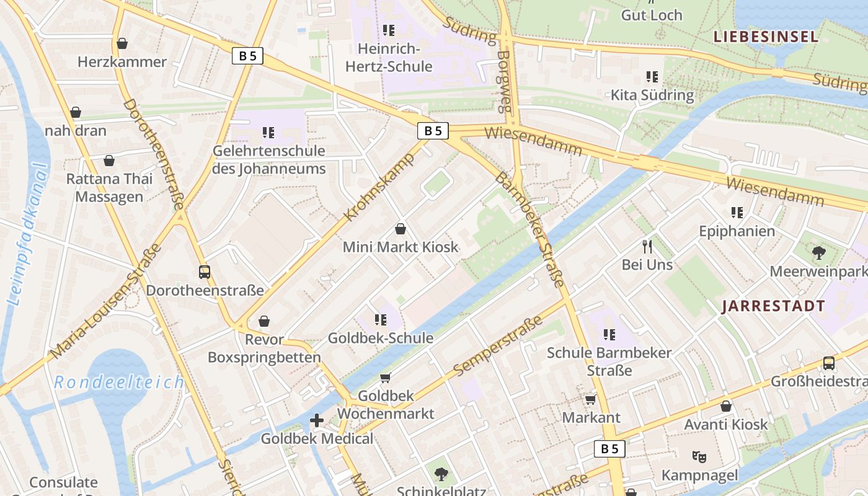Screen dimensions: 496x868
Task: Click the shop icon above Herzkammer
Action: (x=122, y=43)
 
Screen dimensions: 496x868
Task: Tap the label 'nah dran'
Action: (x=76, y=131)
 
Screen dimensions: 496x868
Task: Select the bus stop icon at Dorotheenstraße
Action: (x=204, y=272)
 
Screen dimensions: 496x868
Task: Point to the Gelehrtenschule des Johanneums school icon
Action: (x=268, y=132)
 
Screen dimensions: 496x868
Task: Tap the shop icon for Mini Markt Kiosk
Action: (x=401, y=229)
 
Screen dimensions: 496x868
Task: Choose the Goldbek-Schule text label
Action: (x=380, y=338)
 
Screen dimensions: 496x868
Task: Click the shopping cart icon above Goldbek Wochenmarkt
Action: (x=385, y=378)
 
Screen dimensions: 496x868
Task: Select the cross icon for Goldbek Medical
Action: (x=317, y=421)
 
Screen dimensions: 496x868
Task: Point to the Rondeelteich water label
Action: (x=119, y=382)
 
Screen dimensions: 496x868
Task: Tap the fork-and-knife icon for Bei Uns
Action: (x=648, y=247)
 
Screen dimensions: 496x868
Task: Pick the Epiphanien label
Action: (x=737, y=231)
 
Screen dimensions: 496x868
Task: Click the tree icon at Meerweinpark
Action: (x=818, y=252)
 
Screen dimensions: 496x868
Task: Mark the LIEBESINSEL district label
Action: (x=766, y=37)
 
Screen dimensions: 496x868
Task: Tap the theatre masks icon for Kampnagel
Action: (x=699, y=457)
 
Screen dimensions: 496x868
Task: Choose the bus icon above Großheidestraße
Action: (x=828, y=363)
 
